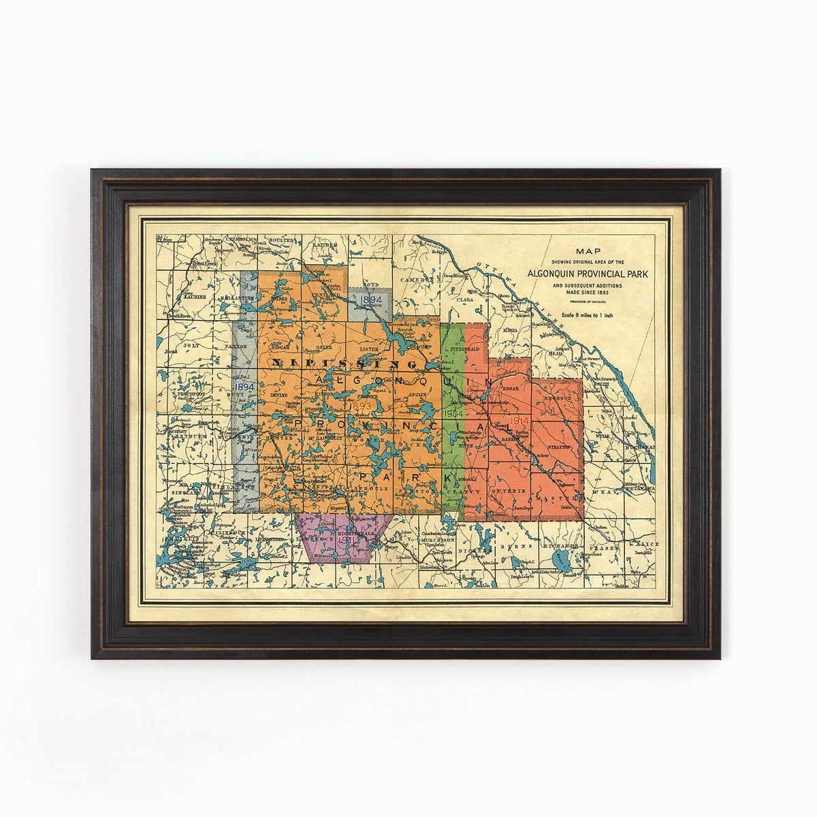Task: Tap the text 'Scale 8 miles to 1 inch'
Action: coord(588,315)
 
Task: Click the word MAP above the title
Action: coord(588,251)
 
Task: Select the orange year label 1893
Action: coord(360,406)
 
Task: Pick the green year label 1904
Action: coord(453,414)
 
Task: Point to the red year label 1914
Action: coord(519,421)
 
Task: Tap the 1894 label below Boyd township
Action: coord(371,299)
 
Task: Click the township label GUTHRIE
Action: coord(515,491)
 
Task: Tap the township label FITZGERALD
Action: coord(466,349)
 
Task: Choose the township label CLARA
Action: coord(466,299)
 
